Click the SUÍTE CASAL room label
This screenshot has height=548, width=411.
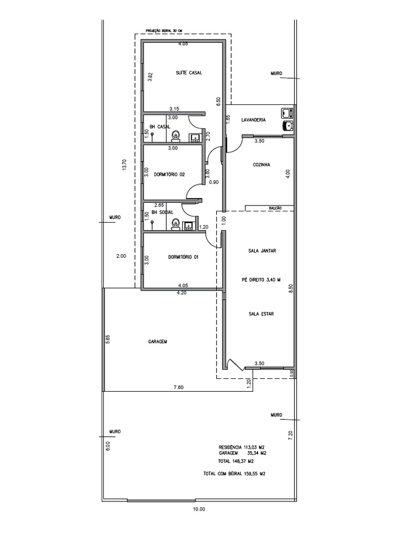click(x=189, y=73)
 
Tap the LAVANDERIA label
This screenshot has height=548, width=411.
click(x=254, y=120)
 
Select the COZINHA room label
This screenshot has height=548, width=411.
click(x=261, y=165)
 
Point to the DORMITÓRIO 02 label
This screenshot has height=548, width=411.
click(x=169, y=174)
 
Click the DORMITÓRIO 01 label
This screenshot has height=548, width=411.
click(x=183, y=257)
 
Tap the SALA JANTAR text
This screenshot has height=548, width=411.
click(x=262, y=250)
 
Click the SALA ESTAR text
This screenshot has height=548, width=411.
click(x=261, y=314)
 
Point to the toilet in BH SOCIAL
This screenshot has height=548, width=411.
click(x=175, y=225)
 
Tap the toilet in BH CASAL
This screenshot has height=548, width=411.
click(x=177, y=137)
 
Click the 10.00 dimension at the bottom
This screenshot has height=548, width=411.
click(x=199, y=509)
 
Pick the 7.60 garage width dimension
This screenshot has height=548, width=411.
click(x=178, y=387)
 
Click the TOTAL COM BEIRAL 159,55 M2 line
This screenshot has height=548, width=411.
click(x=234, y=474)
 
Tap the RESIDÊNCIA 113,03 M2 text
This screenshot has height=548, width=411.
click(x=242, y=447)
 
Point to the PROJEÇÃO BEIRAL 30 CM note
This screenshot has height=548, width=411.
click(x=161, y=32)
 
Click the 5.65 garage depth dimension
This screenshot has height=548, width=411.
click(x=108, y=340)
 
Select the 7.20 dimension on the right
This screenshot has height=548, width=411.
click(x=291, y=435)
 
